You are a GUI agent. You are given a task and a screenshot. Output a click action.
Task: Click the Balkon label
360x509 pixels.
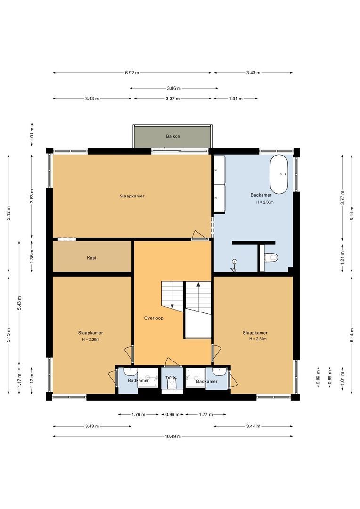(172, 136)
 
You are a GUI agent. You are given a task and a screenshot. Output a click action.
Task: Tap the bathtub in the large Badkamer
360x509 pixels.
(279, 174)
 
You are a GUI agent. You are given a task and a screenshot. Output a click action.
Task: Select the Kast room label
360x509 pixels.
(91, 258)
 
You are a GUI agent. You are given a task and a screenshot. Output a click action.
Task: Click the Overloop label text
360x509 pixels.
(154, 318)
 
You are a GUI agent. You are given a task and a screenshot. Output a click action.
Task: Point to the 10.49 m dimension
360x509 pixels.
(172, 436)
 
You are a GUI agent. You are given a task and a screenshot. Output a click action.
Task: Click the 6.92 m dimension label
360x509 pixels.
(132, 73)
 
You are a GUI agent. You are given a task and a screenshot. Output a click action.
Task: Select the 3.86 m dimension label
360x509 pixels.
(174, 88)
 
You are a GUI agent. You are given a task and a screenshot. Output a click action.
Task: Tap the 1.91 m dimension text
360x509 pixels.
(236, 99)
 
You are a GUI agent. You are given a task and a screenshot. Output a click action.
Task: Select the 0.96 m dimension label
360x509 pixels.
(172, 415)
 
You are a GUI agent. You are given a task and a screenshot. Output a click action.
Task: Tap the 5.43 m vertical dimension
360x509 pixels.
(19, 303)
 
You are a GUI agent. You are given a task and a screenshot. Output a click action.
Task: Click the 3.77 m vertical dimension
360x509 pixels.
(342, 197)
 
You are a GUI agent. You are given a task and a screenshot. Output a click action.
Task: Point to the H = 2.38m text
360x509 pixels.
(265, 202)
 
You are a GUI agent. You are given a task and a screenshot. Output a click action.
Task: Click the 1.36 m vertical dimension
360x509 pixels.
(32, 256)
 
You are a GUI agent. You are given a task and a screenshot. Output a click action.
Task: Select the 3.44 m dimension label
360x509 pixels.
(253, 426)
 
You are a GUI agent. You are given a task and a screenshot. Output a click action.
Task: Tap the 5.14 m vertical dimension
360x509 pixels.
(352, 335)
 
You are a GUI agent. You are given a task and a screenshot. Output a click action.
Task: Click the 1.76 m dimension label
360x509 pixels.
(139, 415)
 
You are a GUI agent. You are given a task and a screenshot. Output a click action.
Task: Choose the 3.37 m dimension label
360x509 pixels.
(172, 99)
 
